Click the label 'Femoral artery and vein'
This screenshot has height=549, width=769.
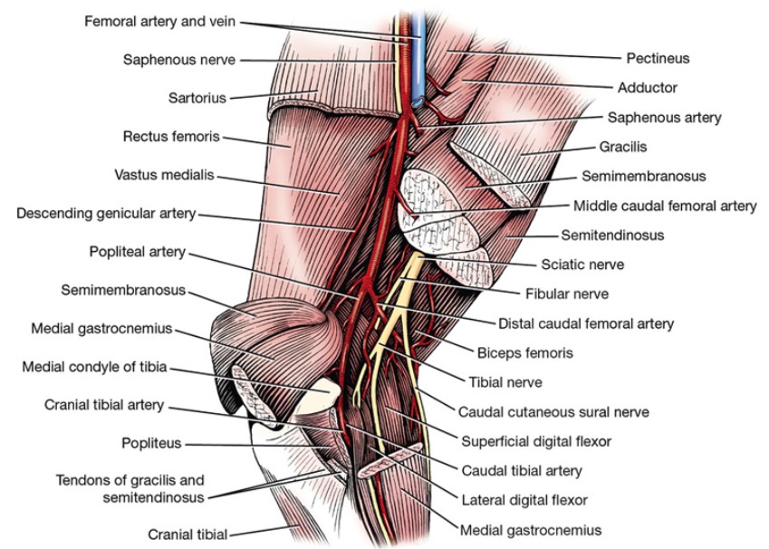point(161,20)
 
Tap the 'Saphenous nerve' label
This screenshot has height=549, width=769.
point(179,60)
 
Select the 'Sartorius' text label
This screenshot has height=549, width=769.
point(197,97)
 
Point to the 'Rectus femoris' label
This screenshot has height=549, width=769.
point(170,137)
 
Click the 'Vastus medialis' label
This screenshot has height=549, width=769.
point(164,175)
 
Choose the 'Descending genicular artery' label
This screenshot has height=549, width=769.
point(106,214)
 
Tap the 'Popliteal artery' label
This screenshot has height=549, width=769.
point(137,251)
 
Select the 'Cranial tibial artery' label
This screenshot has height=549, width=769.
point(104,405)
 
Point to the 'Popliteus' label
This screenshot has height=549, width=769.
point(152,443)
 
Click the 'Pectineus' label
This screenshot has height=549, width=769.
point(658,58)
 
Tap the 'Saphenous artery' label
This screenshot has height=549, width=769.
point(664,117)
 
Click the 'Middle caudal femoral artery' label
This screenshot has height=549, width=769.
point(665,206)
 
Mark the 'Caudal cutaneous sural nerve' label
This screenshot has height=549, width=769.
point(553,412)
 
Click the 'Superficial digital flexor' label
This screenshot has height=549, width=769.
point(536,441)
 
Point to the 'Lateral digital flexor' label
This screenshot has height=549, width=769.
point(524,499)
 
